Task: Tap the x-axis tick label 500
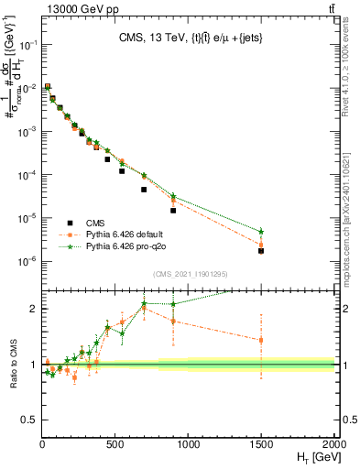pyautogui.click(x=115, y=446)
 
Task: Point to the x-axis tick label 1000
pyautogui.click(x=188, y=446)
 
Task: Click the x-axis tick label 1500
pyautogui.click(x=261, y=446)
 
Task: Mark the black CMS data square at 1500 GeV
pyautogui.click(x=261, y=250)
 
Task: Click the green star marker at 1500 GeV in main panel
pyautogui.click(x=261, y=231)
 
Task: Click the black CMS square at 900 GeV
pyautogui.click(x=173, y=211)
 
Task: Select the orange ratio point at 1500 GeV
pyautogui.click(x=261, y=340)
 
